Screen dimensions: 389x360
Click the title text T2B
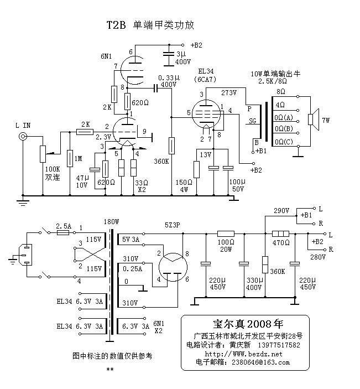(x=116, y=25)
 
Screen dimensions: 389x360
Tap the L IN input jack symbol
(x=23, y=136)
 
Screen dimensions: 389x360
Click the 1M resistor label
(x=78, y=159)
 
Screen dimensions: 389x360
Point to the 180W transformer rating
(x=111, y=222)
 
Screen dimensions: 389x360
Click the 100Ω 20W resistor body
(x=226, y=234)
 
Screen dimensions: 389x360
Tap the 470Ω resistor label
(x=281, y=242)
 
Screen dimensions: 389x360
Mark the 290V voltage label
(x=281, y=211)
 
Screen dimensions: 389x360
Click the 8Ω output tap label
(x=281, y=91)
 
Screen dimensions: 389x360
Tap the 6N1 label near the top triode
(x=107, y=56)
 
